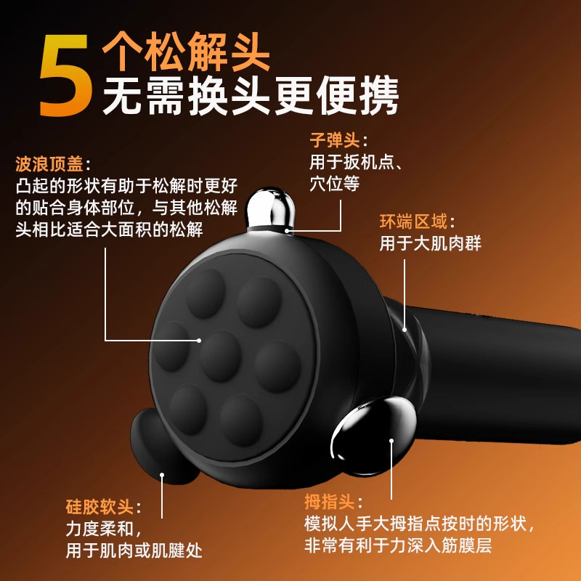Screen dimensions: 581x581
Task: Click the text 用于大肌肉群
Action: [x=430, y=243]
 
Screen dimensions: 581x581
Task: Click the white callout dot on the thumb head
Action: [x=391, y=440]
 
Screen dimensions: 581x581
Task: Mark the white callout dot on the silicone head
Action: [x=162, y=476]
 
